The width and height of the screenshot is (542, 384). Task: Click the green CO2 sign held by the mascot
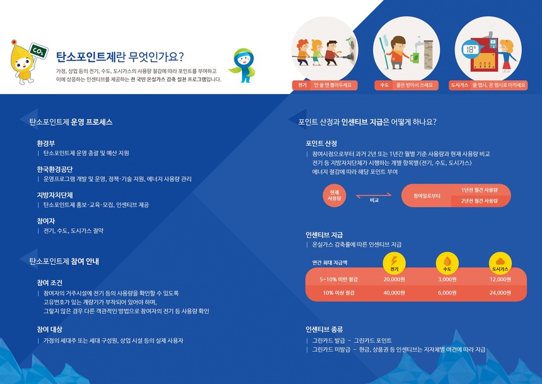click(38, 52)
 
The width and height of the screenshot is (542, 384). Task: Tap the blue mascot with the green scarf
click(243, 66)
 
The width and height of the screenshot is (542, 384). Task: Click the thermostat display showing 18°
click(470, 49)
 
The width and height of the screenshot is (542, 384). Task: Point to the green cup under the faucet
click(415, 57)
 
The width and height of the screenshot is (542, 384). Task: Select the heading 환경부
click(46, 143)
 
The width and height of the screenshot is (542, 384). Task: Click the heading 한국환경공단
click(55, 169)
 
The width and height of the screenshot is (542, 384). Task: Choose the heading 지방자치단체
click(55, 195)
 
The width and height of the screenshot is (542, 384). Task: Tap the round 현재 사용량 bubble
click(334, 195)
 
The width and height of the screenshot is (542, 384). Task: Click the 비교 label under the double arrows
click(374, 201)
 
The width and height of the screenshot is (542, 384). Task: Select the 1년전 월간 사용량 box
click(480, 190)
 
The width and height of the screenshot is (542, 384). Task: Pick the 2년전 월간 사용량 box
click(480, 201)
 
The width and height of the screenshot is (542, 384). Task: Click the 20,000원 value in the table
click(394, 279)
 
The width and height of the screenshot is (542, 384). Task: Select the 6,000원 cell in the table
click(447, 293)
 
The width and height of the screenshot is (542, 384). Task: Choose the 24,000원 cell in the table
click(500, 293)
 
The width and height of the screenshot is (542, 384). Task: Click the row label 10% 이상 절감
click(339, 293)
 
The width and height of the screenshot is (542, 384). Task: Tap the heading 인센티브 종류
click(324, 329)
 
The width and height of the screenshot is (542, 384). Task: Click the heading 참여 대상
click(49, 329)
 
